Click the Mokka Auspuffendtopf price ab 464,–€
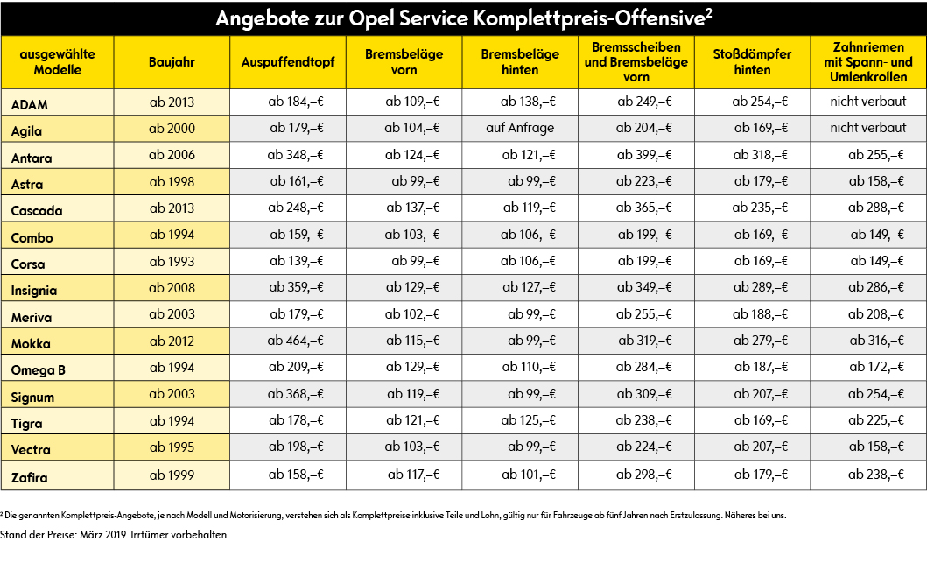295,341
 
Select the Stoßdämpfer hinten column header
752,62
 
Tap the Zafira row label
29,477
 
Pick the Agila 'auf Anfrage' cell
520,128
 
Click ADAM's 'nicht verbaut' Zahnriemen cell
867,101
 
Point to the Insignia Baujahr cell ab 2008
172,287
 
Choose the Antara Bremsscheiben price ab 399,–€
644,155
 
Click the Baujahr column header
172,62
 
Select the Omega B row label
38,370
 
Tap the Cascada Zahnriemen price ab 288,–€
876,208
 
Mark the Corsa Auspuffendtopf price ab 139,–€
296,261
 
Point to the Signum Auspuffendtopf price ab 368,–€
295,394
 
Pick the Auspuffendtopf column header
288,62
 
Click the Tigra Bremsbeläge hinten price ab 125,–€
529,420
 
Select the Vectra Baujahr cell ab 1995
172,447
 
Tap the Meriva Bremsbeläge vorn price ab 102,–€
412,314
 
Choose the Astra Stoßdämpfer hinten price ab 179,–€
761,181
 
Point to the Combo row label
32,238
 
